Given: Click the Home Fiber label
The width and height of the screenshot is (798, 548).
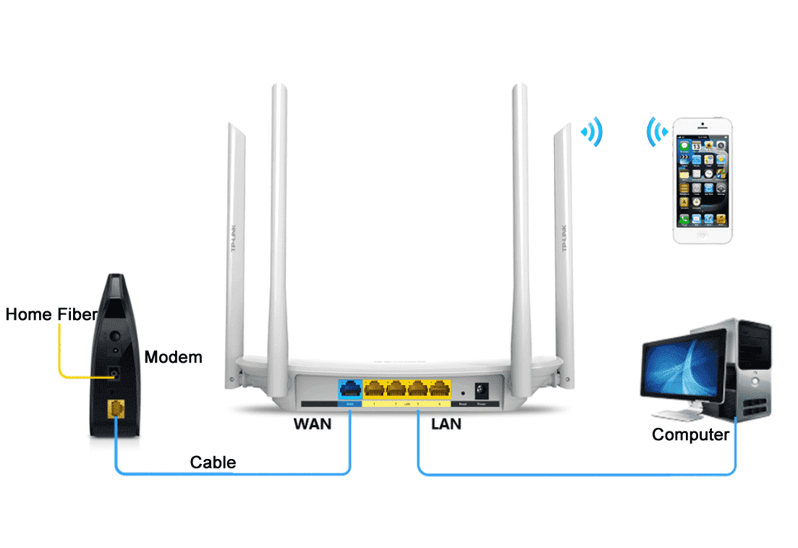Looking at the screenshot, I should coord(51,314).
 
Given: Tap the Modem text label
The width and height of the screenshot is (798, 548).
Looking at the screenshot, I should coord(173,357).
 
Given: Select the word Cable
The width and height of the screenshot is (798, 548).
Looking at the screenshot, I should coord(213,462).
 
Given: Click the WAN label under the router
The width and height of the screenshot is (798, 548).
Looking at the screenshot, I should coord(312,423).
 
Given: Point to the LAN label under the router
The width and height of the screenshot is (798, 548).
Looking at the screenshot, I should coord(446,423).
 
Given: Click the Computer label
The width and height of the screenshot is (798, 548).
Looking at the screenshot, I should coord(690,434).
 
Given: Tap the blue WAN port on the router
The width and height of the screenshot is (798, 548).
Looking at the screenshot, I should coord(350,389).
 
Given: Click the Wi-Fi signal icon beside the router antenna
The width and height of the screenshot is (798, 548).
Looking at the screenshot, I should coord(593,132).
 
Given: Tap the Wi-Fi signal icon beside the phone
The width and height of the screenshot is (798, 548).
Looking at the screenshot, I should coord(657,132).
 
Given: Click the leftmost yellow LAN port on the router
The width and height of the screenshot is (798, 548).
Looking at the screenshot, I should coord(375,389).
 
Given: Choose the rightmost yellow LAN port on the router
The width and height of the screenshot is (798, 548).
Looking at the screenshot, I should coord(439,389).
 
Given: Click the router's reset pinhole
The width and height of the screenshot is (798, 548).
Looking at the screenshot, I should coord(462,392).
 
